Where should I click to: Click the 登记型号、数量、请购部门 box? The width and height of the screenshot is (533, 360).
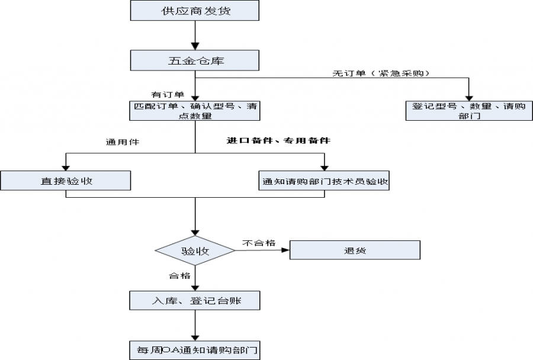pyautogui.click(x=468, y=111)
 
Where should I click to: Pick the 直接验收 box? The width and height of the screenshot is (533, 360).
pyautogui.click(x=65, y=181)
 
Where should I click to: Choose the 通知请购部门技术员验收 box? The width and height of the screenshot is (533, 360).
pyautogui.click(x=325, y=181)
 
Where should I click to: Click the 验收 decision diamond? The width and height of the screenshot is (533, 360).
pyautogui.click(x=195, y=250)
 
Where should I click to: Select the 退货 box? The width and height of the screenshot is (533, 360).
pyautogui.click(x=355, y=250)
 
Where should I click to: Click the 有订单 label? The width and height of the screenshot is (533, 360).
pyautogui.click(x=168, y=94)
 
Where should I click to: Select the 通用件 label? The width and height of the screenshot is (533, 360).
pyautogui.click(x=118, y=142)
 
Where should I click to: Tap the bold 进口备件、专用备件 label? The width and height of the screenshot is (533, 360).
pyautogui.click(x=278, y=141)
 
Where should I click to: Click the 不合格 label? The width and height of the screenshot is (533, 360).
pyautogui.click(x=259, y=242)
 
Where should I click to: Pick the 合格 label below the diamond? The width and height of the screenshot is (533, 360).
pyautogui.click(x=179, y=275)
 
